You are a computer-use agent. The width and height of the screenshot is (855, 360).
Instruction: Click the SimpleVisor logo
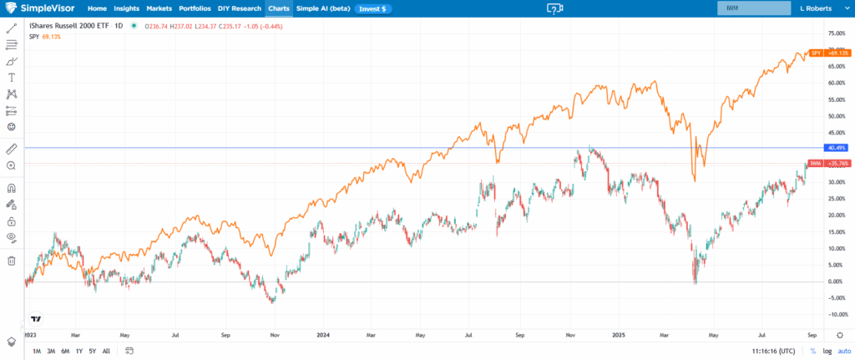point(39,8)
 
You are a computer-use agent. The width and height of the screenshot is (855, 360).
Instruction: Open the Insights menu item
point(127,8)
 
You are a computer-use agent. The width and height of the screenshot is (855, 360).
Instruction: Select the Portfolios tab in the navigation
point(195,8)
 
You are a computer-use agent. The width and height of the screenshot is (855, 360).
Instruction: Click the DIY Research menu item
point(240,8)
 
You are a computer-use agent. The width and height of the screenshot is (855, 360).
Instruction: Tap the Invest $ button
point(372,8)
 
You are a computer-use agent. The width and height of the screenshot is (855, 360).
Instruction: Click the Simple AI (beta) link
point(321,8)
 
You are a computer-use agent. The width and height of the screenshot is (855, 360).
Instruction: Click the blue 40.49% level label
point(836,148)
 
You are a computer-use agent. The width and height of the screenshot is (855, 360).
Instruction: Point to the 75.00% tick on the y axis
point(835,33)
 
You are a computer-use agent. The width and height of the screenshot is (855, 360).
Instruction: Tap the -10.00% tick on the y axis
point(835,314)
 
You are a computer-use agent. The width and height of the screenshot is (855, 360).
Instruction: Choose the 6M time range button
point(64,351)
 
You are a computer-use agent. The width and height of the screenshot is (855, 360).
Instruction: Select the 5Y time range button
point(92,351)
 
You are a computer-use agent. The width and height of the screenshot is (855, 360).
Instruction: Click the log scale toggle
point(827,351)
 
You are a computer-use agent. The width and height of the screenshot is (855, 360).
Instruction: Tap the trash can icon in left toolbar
point(12,261)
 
